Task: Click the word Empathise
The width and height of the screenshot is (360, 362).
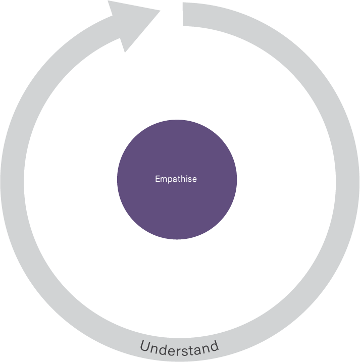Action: point(176,179)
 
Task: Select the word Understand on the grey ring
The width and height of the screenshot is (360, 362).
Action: point(179,348)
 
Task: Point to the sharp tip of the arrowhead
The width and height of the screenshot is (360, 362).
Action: point(160,11)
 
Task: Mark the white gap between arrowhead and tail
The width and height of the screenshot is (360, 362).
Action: point(172,13)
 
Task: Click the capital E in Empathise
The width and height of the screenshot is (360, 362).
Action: point(158,179)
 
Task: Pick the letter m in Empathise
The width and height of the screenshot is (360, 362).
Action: point(163,180)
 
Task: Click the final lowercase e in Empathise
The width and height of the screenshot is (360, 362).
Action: point(194,180)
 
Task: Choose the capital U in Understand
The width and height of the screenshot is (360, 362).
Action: point(145,347)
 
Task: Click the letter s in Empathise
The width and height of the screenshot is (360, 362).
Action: point(189,180)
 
